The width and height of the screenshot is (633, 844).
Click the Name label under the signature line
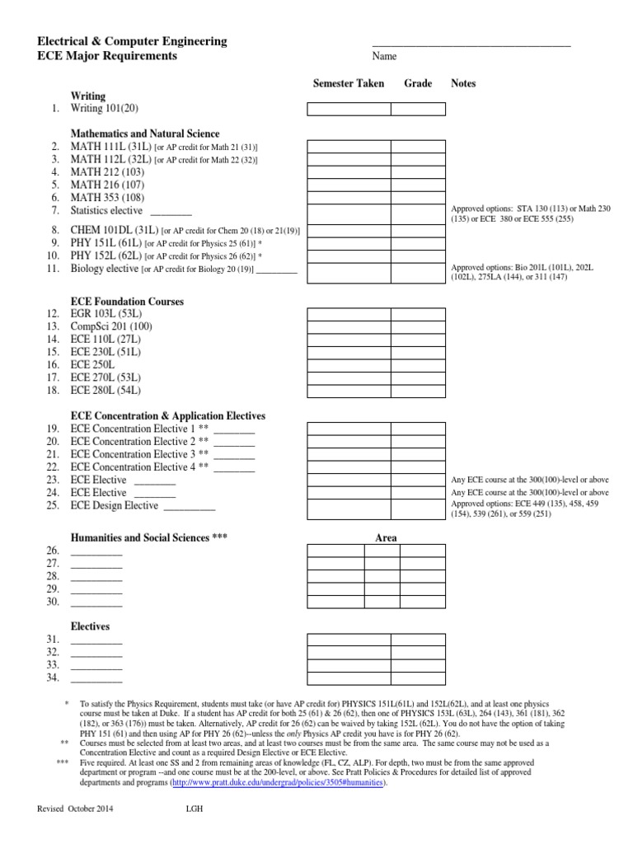point(384,57)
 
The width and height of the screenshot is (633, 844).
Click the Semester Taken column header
point(348,84)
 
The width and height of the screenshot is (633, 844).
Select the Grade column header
point(418,84)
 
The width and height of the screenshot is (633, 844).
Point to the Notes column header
point(463,84)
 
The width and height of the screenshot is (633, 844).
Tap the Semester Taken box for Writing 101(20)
point(349,109)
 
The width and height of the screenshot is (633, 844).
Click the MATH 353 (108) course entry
point(107,198)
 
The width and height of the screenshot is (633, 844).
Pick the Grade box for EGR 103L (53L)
point(418,315)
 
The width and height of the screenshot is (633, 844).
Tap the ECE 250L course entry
point(92,364)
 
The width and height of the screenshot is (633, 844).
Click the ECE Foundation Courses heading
point(128,302)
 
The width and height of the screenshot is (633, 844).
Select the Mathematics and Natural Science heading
point(145,134)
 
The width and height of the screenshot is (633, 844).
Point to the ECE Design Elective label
point(115,505)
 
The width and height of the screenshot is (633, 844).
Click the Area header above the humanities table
point(386,538)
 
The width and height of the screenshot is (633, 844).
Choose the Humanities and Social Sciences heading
point(149,537)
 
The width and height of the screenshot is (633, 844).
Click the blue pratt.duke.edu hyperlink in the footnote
point(278,783)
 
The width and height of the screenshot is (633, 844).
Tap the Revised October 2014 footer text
point(76,809)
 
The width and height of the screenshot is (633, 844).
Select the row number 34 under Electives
point(54,678)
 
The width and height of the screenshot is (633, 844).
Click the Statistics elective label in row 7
point(106,211)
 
